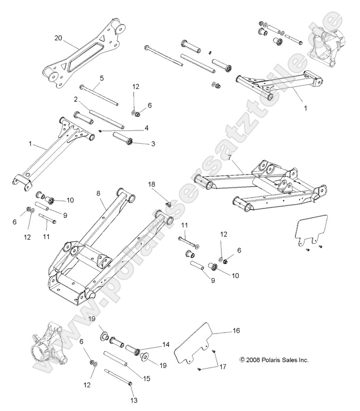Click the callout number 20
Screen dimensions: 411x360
pos(58,38)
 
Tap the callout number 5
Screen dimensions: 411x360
pos(101,78)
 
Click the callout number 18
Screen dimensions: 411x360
pos(152,184)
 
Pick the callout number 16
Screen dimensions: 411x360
pos(236,330)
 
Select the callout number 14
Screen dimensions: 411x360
pos(166,344)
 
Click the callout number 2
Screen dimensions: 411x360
pos(76,99)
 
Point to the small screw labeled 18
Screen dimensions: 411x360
pos(168,203)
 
